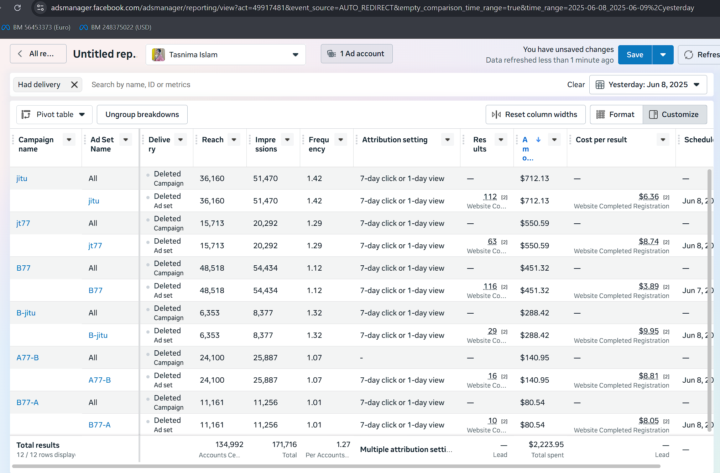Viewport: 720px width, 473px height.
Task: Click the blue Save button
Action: (635, 55)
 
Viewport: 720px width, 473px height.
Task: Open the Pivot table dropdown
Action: (54, 115)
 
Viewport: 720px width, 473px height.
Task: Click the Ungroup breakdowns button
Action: (142, 115)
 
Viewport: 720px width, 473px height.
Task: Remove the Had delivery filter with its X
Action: (74, 85)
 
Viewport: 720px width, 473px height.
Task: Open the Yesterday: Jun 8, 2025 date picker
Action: (648, 85)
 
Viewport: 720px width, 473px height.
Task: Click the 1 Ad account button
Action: (356, 54)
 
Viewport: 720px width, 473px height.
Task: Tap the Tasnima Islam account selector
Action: (225, 55)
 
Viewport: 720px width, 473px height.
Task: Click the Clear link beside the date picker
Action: (576, 85)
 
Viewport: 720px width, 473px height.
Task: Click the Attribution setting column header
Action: (395, 140)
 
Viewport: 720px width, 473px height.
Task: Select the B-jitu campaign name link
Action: (26, 313)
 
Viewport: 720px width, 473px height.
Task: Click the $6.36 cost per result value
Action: (648, 197)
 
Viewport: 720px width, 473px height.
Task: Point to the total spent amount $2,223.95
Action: (546, 445)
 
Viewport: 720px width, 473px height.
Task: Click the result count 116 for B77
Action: (490, 286)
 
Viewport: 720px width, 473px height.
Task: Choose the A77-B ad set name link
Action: (99, 380)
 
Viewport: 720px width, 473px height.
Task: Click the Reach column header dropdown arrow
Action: (234, 140)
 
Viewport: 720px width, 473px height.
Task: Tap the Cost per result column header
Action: (601, 140)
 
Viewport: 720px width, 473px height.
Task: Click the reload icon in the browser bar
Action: (17, 7)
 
